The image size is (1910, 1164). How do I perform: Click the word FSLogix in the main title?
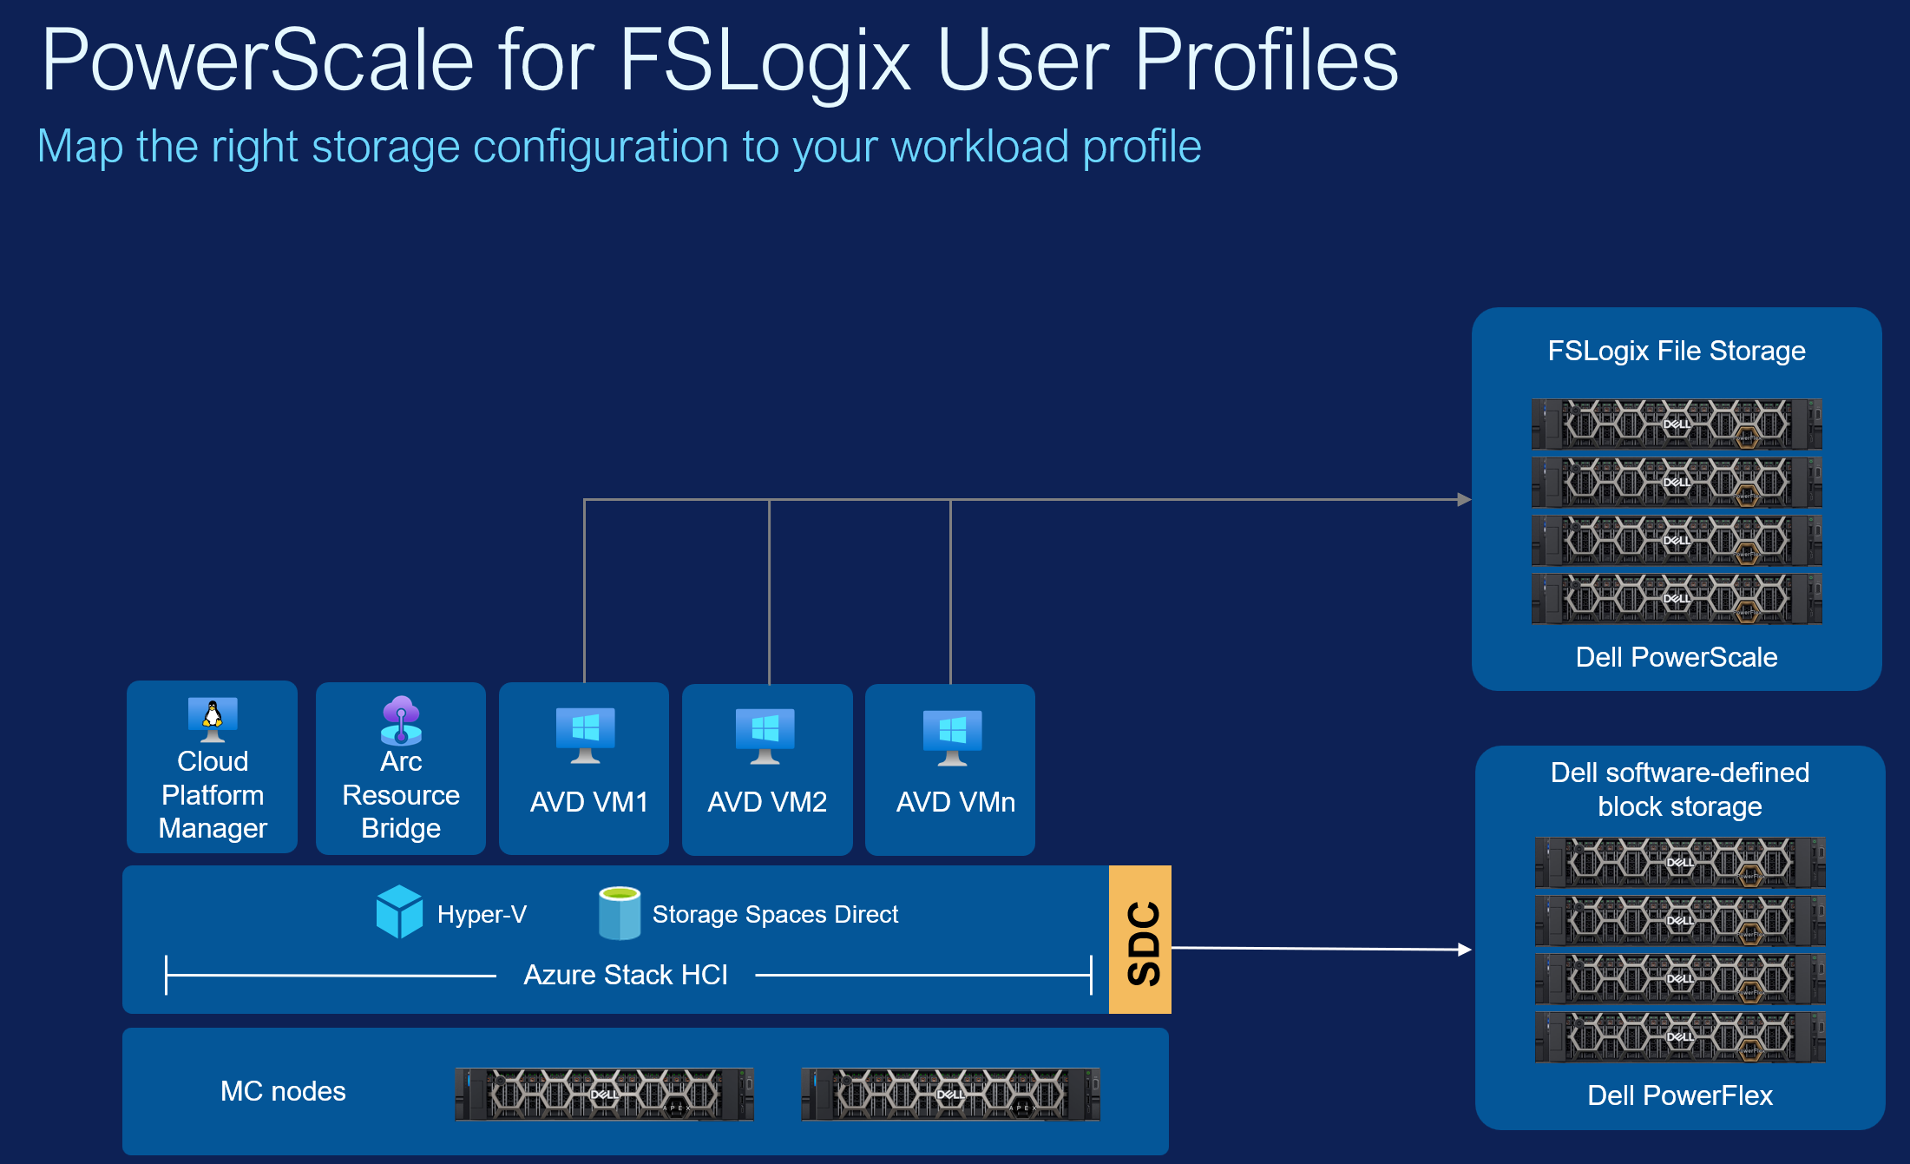click(x=764, y=61)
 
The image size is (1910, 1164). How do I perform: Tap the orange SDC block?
click(x=1140, y=940)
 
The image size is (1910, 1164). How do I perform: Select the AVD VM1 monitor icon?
click(x=586, y=734)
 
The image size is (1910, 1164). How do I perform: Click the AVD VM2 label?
click(x=767, y=802)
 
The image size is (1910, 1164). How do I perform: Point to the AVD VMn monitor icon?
click(x=952, y=737)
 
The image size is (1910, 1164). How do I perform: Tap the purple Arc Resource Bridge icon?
click(x=401, y=720)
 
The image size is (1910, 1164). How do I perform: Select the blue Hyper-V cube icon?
click(x=399, y=911)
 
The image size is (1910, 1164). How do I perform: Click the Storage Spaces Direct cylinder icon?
click(x=620, y=913)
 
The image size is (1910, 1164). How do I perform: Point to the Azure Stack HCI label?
click(x=626, y=975)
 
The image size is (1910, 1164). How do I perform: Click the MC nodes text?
click(x=283, y=1091)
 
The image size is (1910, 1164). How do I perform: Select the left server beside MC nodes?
click(x=604, y=1094)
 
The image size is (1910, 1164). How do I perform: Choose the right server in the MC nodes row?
click(x=950, y=1094)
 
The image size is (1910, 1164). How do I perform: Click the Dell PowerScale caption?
click(x=1676, y=657)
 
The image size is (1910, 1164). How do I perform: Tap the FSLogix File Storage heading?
click(x=1676, y=351)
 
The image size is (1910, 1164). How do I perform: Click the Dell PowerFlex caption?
click(x=1679, y=1095)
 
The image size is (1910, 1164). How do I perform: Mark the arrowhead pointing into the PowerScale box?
click(x=1464, y=500)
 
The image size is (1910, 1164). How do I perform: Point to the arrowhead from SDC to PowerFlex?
click(x=1465, y=950)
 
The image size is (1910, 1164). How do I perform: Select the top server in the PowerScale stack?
click(x=1676, y=424)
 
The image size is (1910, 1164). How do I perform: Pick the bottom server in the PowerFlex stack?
click(x=1679, y=1036)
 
